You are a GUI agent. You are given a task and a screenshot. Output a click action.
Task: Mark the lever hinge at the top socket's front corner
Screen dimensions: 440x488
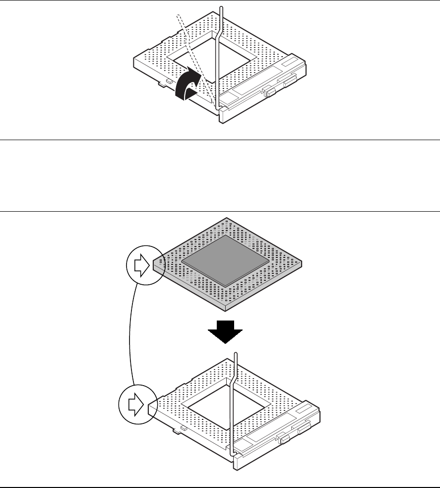pos(223,107)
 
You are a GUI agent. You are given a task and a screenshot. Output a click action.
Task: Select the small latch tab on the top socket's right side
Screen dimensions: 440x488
pos(270,91)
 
